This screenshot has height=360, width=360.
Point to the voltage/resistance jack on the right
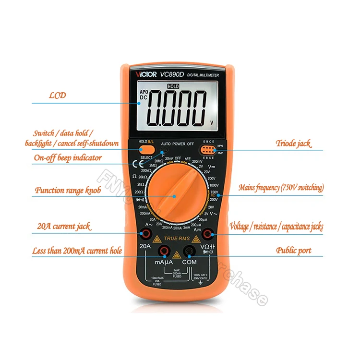pos(208,234)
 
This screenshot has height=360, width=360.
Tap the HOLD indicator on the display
pos(173,86)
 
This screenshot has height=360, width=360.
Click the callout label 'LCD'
pos(57,95)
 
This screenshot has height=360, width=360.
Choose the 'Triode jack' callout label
pos(293,143)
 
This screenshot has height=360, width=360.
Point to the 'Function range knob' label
pos(68,191)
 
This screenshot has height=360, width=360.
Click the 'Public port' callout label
pos(293,250)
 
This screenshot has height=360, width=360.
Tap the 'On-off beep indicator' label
pos(67,157)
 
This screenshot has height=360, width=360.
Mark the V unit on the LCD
pos(212,122)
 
